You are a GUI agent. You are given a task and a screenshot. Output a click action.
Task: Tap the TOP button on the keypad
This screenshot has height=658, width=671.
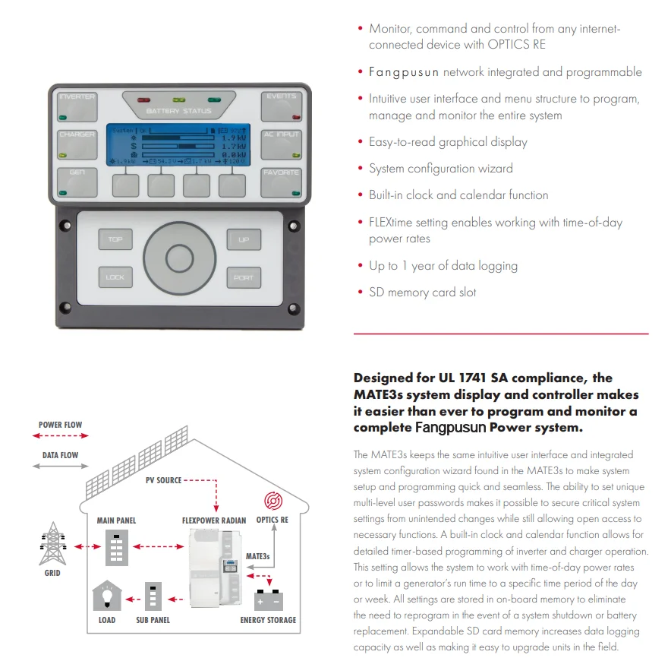(x=115, y=240)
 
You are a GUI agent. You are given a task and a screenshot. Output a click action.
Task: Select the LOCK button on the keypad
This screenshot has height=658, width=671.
(x=115, y=277)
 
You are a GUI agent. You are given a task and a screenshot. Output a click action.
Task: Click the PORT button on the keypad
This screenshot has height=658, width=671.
(x=244, y=277)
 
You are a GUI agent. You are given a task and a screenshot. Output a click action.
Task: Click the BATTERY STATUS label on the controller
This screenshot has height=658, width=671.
(x=179, y=112)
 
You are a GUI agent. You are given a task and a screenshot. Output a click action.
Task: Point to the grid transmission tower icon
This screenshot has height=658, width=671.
(x=52, y=544)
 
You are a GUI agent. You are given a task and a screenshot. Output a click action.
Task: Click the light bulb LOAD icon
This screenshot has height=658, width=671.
(x=107, y=597)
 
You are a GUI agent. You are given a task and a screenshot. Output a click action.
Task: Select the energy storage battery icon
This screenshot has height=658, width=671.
(x=269, y=599)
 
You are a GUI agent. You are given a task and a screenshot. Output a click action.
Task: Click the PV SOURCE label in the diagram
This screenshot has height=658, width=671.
(x=164, y=480)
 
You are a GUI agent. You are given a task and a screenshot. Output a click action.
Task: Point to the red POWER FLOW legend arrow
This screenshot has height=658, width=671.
(x=61, y=436)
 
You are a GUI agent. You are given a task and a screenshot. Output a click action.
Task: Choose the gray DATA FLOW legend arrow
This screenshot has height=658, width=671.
(x=61, y=466)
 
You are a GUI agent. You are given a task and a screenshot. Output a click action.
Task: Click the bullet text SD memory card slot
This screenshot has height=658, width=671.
(x=423, y=293)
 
